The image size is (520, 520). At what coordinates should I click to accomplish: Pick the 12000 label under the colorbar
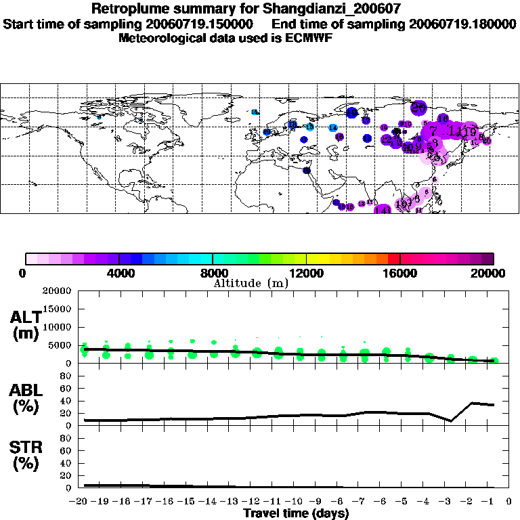(x=307, y=273)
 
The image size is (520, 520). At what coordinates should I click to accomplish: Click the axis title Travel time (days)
(x=296, y=514)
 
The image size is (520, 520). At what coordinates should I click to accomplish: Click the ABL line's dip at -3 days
(x=450, y=420)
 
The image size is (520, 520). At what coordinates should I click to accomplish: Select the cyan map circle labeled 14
(x=333, y=128)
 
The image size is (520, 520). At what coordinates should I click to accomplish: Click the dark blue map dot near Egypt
(x=306, y=171)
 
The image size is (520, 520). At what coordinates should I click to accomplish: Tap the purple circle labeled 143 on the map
(x=383, y=211)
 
